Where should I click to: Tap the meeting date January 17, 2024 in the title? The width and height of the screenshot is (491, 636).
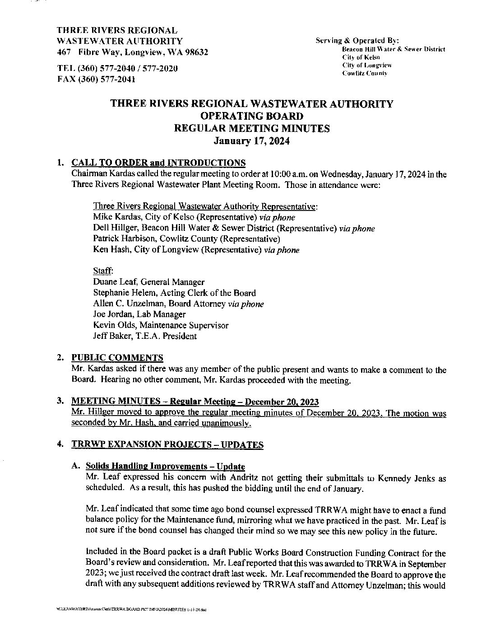pos(251,140)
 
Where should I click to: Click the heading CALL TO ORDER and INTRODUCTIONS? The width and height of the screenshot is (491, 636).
pos(158,163)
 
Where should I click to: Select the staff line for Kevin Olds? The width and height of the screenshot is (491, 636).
pos(160,325)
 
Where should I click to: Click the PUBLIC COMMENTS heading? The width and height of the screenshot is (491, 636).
pos(117,358)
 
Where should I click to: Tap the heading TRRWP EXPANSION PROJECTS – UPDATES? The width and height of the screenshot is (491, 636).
pos(167,445)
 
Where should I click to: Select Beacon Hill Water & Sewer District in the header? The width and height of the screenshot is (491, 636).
pos(394,49)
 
